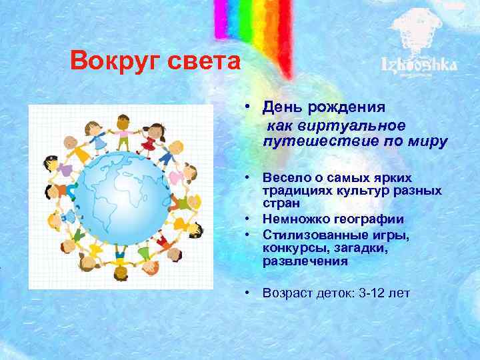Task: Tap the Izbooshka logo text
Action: pyautogui.click(x=419, y=65)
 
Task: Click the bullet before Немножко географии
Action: pyautogui.click(x=247, y=219)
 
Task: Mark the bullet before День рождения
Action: pyautogui.click(x=247, y=107)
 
